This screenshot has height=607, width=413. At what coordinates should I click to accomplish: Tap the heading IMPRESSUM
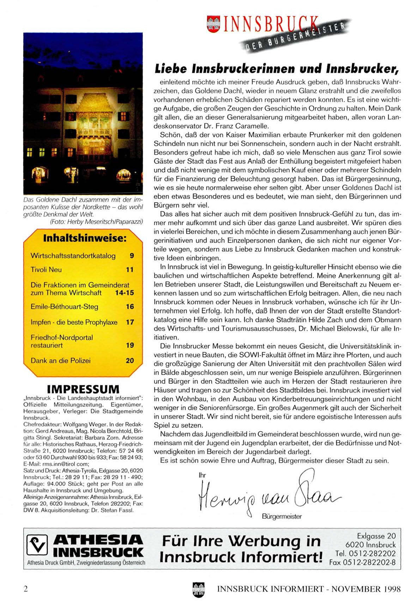[83, 389]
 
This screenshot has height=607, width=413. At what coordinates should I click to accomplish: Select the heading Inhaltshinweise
[85, 238]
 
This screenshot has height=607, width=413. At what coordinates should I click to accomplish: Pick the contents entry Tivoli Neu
[46, 270]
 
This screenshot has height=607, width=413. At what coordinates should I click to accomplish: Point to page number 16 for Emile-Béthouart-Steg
[130, 307]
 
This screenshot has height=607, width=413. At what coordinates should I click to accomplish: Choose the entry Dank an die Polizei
[61, 360]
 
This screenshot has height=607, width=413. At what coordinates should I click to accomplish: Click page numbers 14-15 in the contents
[124, 293]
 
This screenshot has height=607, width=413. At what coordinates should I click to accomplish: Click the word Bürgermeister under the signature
[282, 517]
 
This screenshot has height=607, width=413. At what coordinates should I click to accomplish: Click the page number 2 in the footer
[25, 589]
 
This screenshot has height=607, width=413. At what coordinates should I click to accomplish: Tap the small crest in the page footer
[199, 589]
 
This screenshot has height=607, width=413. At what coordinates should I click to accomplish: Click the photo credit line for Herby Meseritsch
[96, 222]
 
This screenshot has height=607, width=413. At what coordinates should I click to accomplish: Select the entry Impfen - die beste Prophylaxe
[74, 322]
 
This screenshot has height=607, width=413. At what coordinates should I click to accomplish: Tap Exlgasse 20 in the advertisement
[376, 536]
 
